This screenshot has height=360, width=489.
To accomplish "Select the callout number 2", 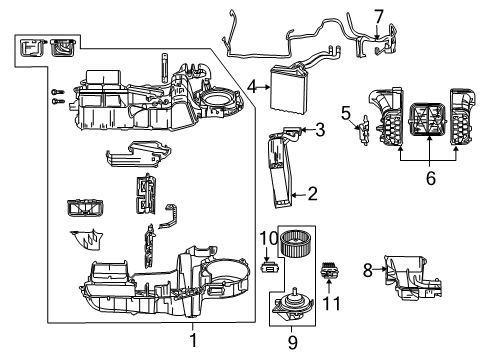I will point(312,195).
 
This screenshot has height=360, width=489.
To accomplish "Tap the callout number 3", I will point(320,128).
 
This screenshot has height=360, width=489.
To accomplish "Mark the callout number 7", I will point(377,16).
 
